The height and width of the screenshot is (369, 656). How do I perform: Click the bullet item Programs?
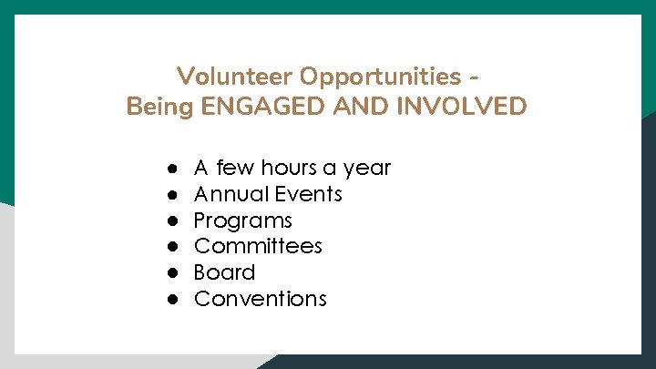tap(243, 220)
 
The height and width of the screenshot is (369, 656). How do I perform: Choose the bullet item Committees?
tap(258, 246)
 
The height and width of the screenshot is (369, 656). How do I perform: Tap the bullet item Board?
tap(224, 272)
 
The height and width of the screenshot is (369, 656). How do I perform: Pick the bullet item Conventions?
tap(260, 299)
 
